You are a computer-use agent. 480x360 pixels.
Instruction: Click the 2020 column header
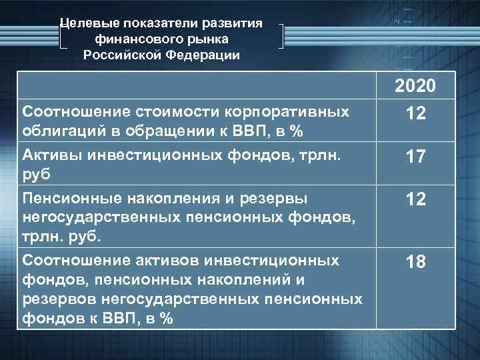coord(415,87)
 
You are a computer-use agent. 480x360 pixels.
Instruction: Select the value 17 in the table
coord(415,157)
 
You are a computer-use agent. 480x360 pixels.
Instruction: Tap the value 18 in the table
coord(415,262)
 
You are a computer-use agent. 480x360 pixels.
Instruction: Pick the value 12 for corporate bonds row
coord(415,115)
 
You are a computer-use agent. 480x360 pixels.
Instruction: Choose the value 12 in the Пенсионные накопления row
coord(415,199)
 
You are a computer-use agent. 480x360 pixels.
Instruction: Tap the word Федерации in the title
coord(203,55)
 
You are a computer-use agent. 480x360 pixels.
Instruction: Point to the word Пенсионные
coord(65,197)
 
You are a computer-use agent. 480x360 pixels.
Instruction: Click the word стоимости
coord(165,109)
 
